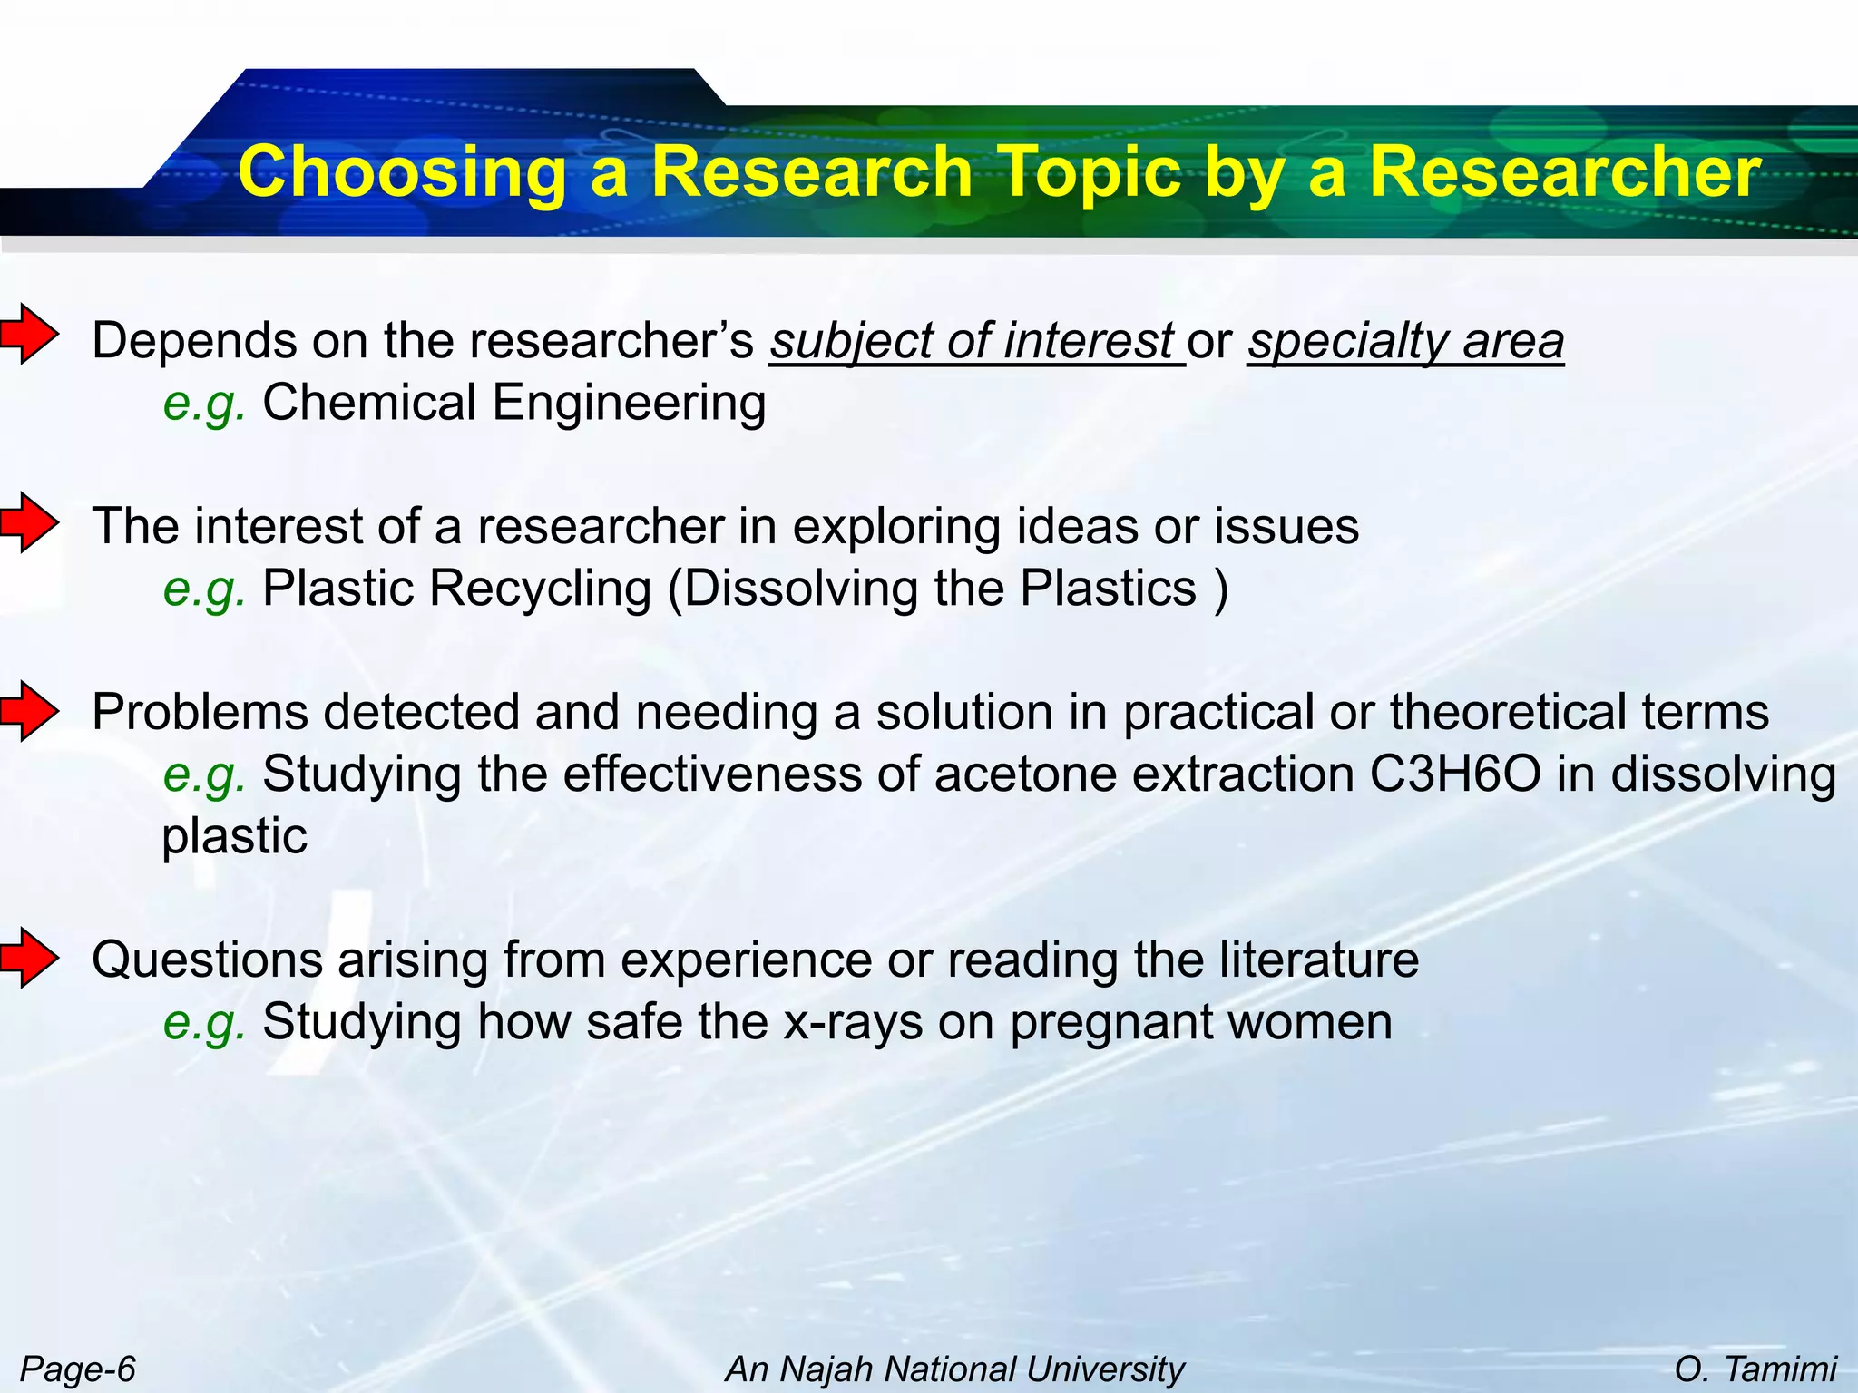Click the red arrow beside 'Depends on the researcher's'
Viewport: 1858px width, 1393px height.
30,335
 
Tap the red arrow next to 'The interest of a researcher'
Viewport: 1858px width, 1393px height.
30,522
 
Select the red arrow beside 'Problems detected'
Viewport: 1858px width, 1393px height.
30,711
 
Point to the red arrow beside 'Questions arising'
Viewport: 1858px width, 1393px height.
30,958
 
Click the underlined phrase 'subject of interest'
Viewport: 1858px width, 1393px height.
975,342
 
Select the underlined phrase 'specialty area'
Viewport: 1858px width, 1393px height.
1405,342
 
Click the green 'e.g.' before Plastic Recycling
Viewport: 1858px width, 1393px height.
204,589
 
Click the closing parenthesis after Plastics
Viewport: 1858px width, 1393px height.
1221,589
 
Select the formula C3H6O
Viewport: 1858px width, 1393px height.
1455,775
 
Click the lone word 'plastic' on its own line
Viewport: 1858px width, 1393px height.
234,836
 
